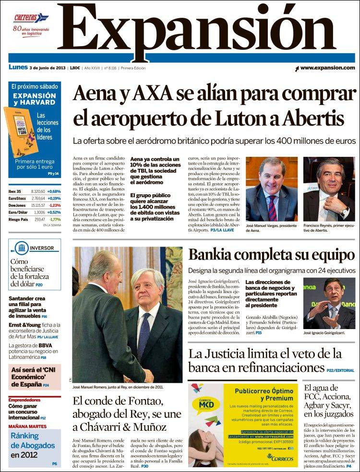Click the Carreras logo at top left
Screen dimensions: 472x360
[31, 18]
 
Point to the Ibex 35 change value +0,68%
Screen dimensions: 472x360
[54, 191]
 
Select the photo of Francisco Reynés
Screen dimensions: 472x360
[329, 189]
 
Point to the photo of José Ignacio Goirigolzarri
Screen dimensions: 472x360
[329, 303]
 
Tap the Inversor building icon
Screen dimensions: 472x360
[21, 248]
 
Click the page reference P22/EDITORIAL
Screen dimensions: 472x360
[340, 370]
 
